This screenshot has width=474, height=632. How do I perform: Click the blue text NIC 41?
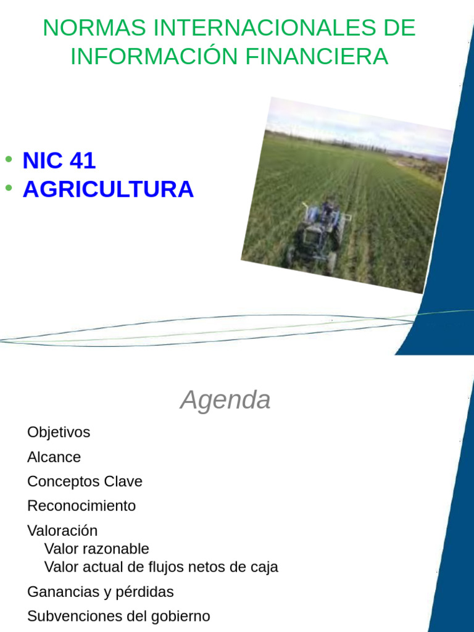(x=59, y=160)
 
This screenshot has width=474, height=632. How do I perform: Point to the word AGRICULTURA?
(x=108, y=189)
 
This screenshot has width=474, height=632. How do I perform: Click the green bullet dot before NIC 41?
(x=9, y=159)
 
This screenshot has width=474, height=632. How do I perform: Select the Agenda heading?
(x=225, y=400)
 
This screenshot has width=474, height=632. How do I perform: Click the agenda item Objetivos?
(x=59, y=432)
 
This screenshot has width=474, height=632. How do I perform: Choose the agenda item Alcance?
(x=54, y=457)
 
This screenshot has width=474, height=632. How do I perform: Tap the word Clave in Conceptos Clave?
(x=122, y=481)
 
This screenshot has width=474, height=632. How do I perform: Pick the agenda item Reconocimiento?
(x=81, y=506)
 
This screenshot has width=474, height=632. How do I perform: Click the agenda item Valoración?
(x=62, y=531)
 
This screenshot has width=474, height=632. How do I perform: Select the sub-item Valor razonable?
(x=97, y=549)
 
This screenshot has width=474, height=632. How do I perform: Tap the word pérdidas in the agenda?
(x=145, y=592)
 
